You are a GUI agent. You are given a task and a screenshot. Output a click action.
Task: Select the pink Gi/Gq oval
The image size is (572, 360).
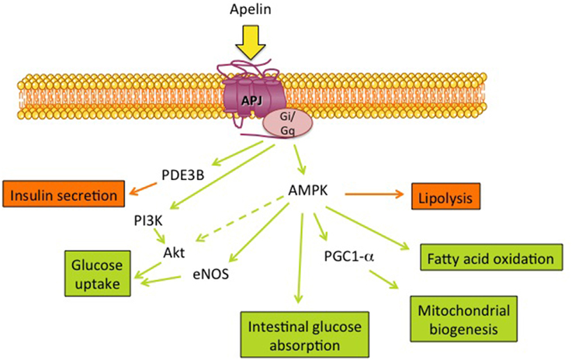287,122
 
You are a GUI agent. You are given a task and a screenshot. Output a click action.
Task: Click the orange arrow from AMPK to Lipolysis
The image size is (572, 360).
369,197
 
